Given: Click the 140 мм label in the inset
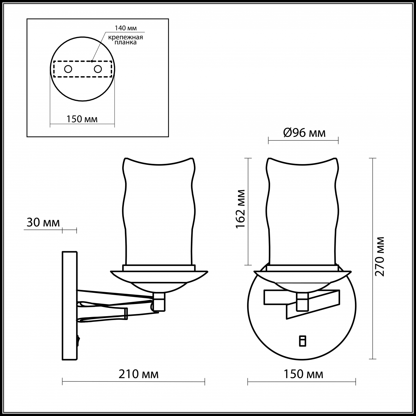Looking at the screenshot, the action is click(126, 28).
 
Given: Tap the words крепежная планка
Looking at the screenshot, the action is click(125, 40).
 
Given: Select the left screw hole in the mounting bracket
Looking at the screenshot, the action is click(68, 69).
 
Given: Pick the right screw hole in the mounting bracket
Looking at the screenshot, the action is click(98, 69).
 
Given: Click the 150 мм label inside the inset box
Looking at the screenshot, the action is click(82, 119).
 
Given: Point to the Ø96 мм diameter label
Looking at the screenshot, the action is click(304, 133).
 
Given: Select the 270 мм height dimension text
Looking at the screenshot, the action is click(380, 256).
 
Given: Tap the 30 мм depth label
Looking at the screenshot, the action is click(43, 223).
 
